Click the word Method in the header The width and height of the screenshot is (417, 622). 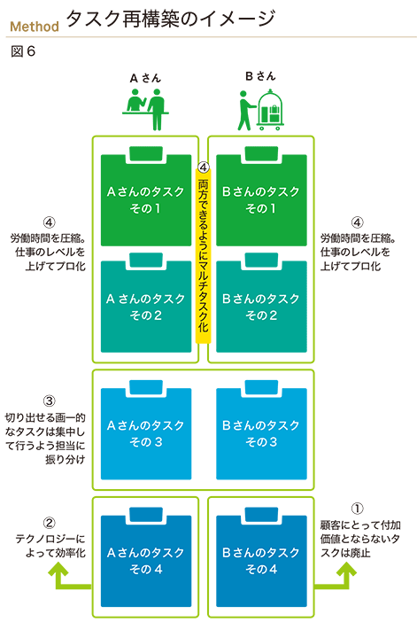35,27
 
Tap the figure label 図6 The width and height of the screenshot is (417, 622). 23,51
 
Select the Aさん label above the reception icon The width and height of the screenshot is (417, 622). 145,78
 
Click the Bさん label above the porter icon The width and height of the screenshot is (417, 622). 260,76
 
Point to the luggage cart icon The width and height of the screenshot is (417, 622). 270,110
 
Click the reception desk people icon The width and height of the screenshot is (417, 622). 146,109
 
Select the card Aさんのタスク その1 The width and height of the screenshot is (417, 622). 146,197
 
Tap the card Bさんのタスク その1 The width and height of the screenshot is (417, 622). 261,197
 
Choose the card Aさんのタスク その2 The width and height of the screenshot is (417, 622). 146,303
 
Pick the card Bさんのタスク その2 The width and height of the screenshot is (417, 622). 261,303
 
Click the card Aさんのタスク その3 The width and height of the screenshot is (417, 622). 146,430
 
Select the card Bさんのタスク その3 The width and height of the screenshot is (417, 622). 261,430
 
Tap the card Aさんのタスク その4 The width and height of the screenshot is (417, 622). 146,557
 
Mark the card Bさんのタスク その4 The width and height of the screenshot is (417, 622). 261,557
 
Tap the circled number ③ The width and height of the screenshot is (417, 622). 50,400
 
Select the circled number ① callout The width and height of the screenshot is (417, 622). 357,509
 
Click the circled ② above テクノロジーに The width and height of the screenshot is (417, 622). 50,523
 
